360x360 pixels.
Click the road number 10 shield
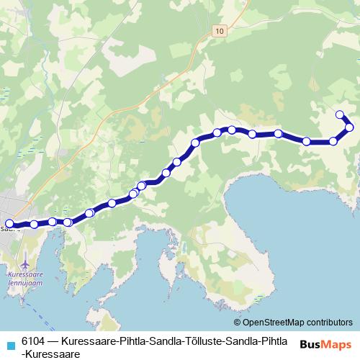coord(219,30)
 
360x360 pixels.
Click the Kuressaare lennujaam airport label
coord(24,279)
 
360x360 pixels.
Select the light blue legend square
coord(10,343)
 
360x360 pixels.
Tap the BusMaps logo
coord(325,345)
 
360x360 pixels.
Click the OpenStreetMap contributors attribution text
coord(297,323)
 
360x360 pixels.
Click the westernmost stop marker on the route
coord(9,224)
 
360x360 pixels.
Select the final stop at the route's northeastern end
coord(340,114)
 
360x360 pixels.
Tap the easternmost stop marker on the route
coord(349,127)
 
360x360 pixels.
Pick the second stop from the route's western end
coord(34,225)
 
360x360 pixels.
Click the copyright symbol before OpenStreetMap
coord(238,323)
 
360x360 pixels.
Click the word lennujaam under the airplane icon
coord(27,283)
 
